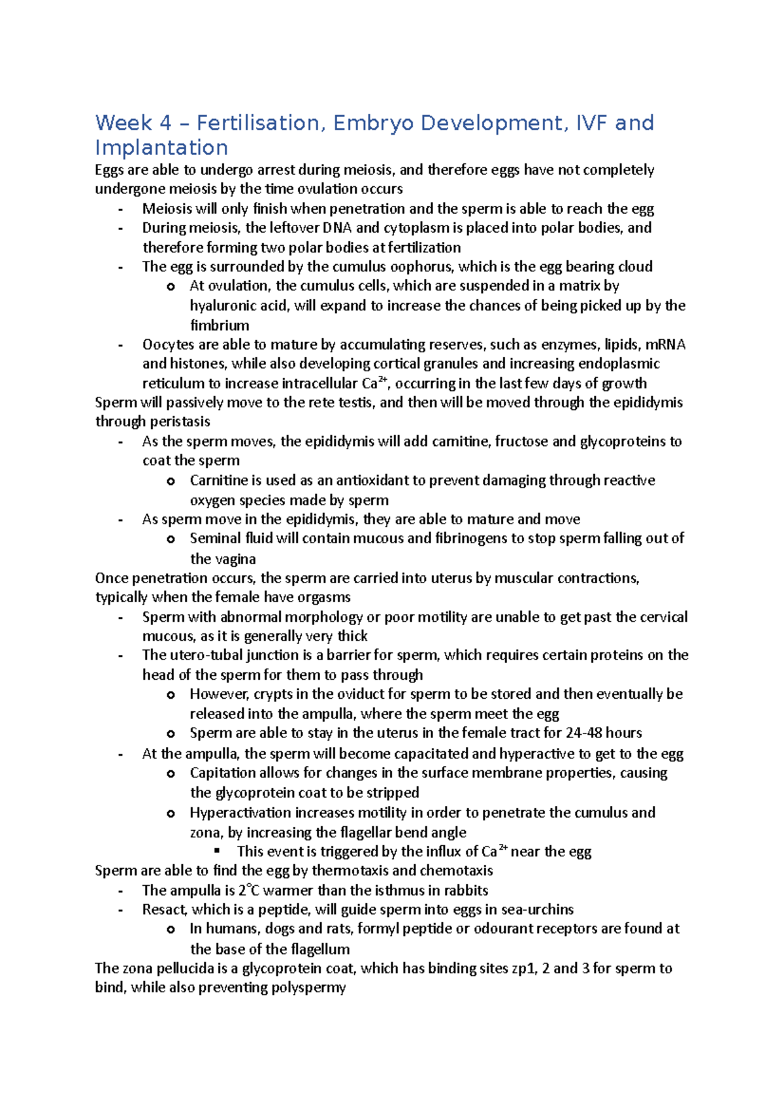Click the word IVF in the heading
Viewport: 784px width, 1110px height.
[591, 123]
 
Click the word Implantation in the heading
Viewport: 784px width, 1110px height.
[161, 148]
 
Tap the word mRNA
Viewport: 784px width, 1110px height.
[665, 345]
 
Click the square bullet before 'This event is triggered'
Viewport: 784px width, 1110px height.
[218, 850]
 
